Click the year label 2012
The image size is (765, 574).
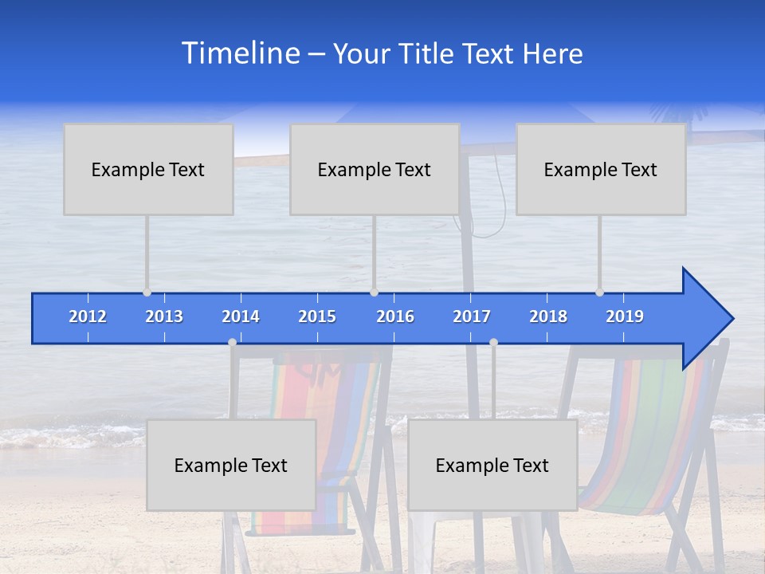[88, 316]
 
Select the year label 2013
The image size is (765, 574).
[164, 316]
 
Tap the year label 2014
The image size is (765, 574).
[241, 316]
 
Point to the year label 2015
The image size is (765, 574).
[317, 316]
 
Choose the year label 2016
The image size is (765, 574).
[395, 316]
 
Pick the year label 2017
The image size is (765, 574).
[472, 316]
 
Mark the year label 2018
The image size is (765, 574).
[548, 316]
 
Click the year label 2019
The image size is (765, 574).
[625, 316]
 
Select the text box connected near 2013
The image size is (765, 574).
[148, 169]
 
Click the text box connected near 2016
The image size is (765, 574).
[375, 169]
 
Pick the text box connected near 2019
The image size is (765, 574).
[601, 169]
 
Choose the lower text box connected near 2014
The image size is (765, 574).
[231, 465]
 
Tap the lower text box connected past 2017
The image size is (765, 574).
[492, 465]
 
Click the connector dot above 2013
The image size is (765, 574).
[147, 293]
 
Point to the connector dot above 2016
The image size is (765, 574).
[375, 293]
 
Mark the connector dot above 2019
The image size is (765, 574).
[600, 293]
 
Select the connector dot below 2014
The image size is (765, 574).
[232, 343]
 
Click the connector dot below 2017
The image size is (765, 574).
[493, 343]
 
